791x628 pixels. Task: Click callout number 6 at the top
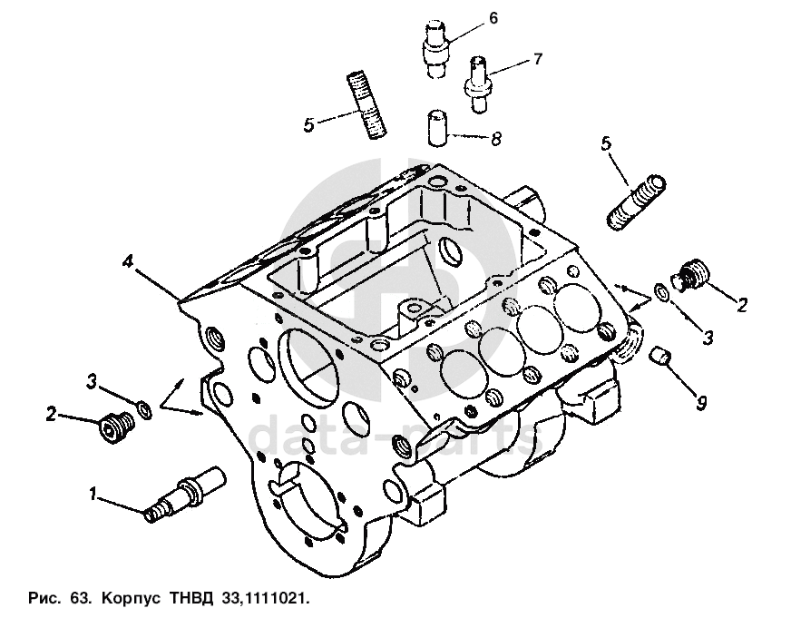pos(493,18)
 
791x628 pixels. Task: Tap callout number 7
pos(538,59)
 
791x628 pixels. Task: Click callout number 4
pos(130,262)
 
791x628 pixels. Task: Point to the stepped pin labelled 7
pos(479,83)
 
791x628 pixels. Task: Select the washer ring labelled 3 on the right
pos(663,294)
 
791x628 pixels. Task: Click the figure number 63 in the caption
pos(79,600)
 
